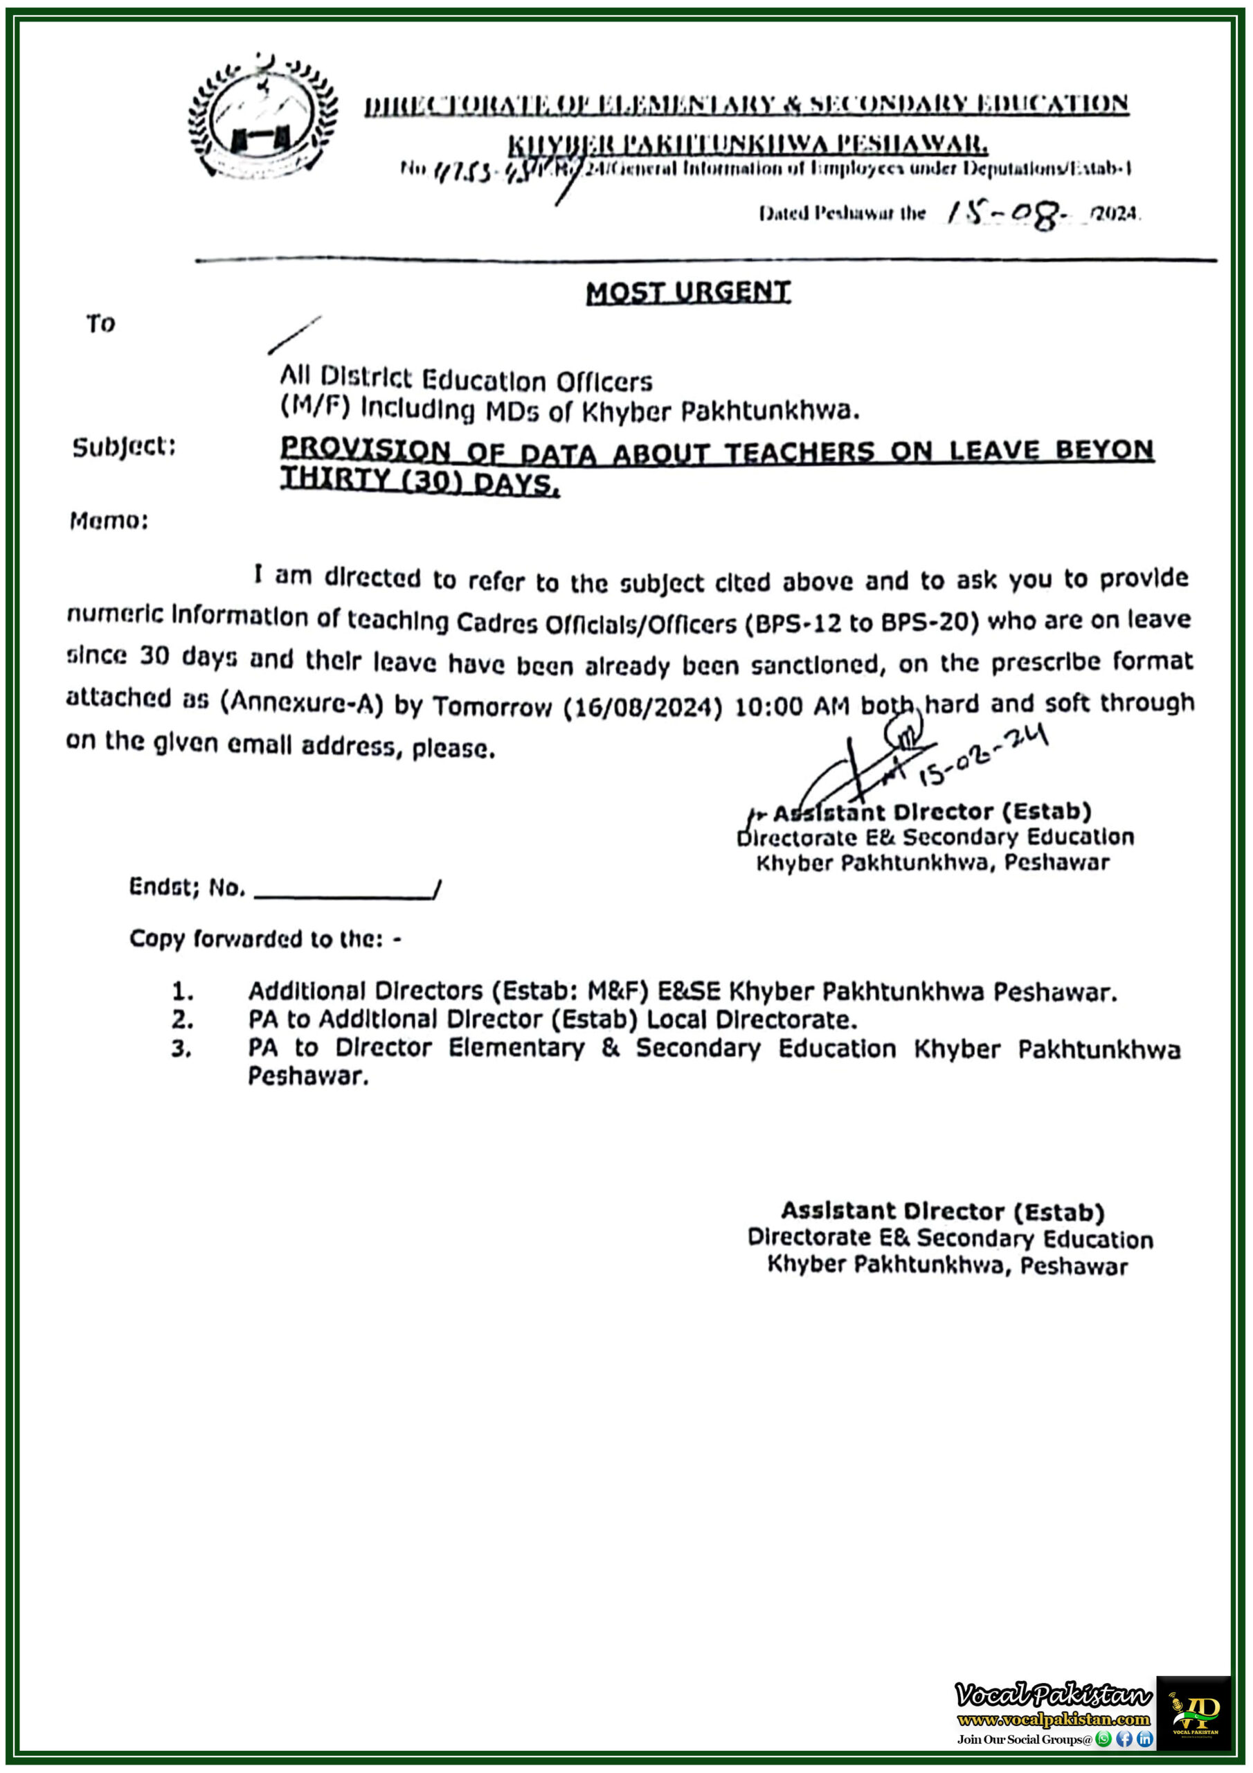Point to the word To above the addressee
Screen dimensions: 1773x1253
[x=100, y=323]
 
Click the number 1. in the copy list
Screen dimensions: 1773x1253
[x=182, y=991]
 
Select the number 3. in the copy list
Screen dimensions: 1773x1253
[x=181, y=1049]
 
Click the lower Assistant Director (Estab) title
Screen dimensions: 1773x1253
[x=943, y=1211]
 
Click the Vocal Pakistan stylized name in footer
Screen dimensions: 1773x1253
[x=1053, y=1694]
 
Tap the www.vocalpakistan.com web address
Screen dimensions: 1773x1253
[x=1053, y=1719]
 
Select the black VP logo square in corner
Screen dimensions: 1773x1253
[x=1193, y=1712]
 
